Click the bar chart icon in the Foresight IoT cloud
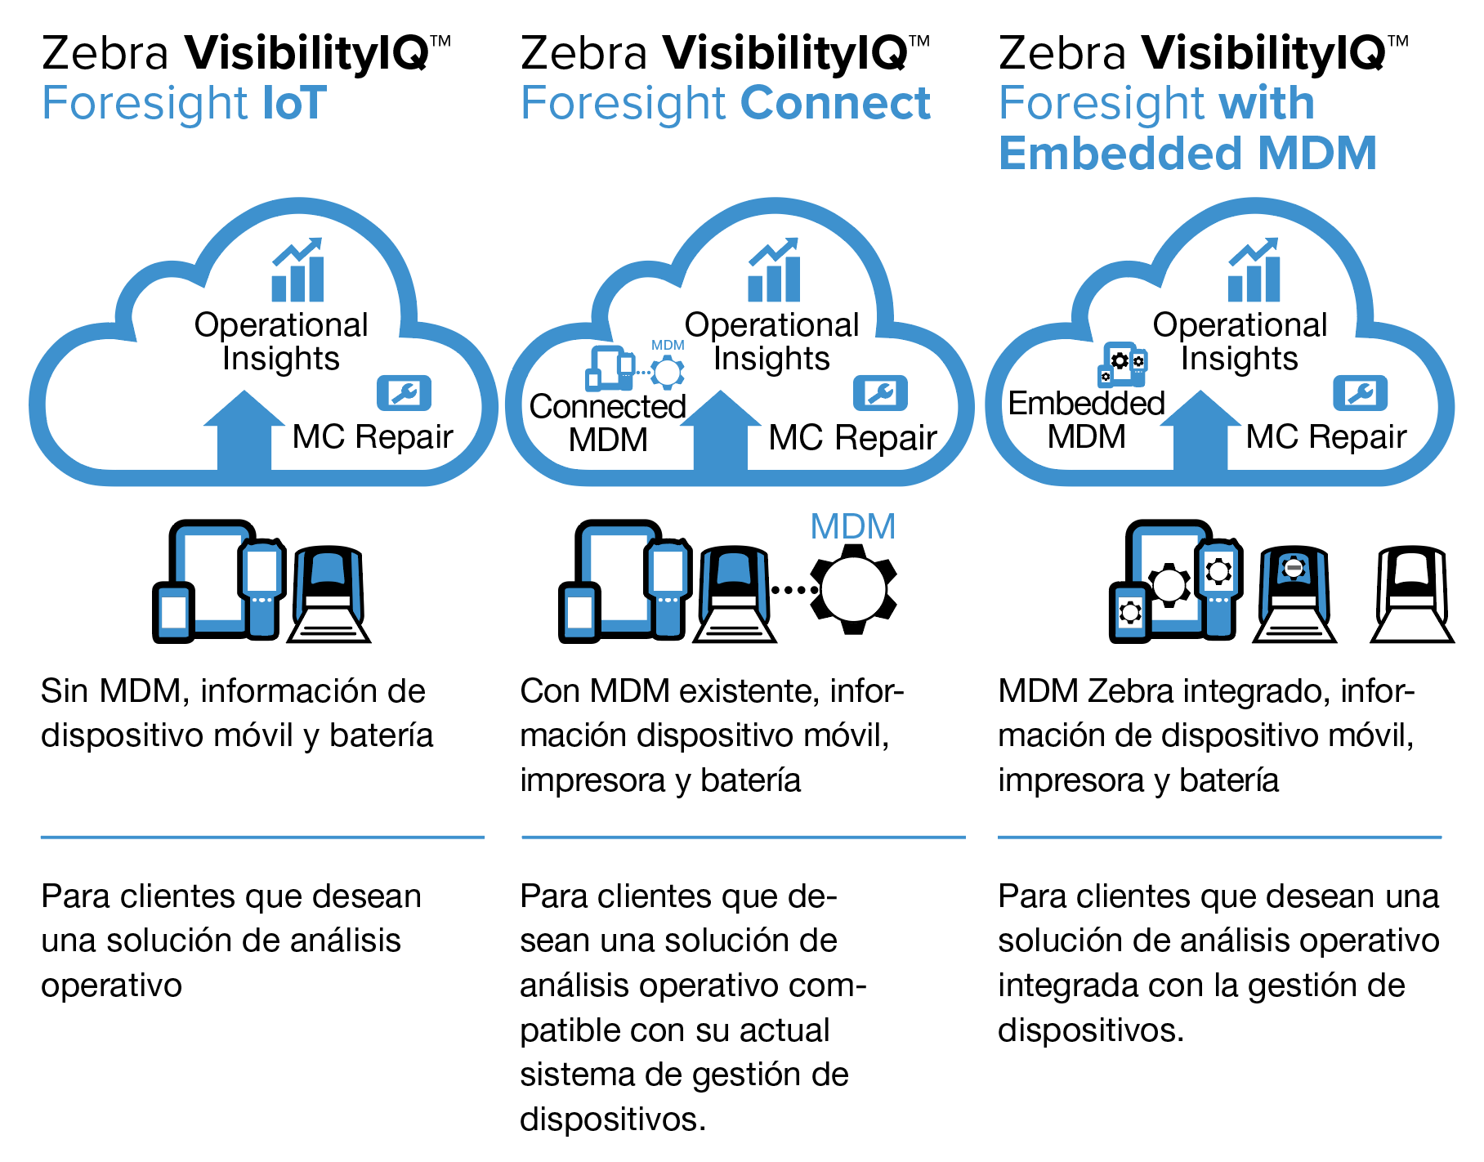pos(297,271)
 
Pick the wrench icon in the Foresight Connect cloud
pos(880,394)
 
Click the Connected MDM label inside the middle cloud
pos(608,422)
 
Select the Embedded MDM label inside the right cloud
pos(1086,420)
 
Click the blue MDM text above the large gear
pos(852,527)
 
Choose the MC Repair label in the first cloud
pos(373,437)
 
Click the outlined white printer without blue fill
pos(1412,595)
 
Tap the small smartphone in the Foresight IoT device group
pos(173,611)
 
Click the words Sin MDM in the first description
pos(110,691)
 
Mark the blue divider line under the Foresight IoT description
pos(262,837)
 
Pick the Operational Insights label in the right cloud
pos(1239,342)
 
